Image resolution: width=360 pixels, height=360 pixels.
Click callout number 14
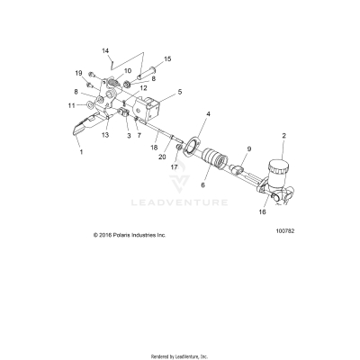coord(105,50)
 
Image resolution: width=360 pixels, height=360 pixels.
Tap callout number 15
coord(166,58)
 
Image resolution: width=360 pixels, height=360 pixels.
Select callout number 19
coord(78,72)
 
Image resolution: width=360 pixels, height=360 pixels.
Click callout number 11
coord(71,105)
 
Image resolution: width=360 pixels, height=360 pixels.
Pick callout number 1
coord(82,153)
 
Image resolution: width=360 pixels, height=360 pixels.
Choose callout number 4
coord(184,114)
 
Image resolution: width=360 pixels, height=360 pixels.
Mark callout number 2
coord(283,136)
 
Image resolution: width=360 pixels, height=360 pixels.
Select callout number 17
coord(175,166)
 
